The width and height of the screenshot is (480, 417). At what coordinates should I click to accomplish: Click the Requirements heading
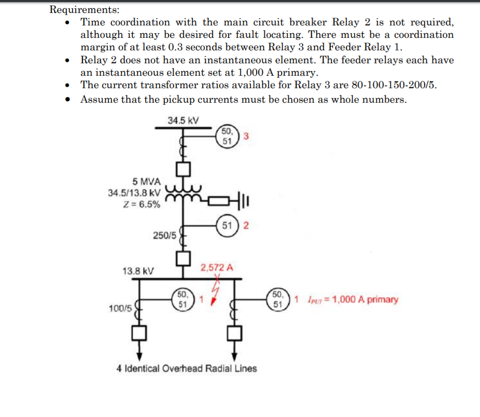pos(84,9)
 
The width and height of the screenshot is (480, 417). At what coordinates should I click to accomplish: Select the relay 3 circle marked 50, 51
pos(227,136)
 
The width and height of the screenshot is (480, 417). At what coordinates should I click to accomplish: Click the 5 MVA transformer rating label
pos(147,182)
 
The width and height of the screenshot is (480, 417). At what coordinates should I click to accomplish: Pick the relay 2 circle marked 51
pos(227,226)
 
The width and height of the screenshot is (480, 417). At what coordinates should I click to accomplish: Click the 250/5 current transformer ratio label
pos(165,235)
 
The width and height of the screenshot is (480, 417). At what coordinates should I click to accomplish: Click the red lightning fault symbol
pos(214,291)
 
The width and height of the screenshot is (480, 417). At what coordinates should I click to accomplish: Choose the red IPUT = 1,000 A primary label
pos(352,299)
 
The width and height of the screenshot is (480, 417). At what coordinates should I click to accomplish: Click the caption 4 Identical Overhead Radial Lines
pos(187,369)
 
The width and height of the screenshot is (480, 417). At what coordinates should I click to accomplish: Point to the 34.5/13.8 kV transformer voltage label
pos(134,193)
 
